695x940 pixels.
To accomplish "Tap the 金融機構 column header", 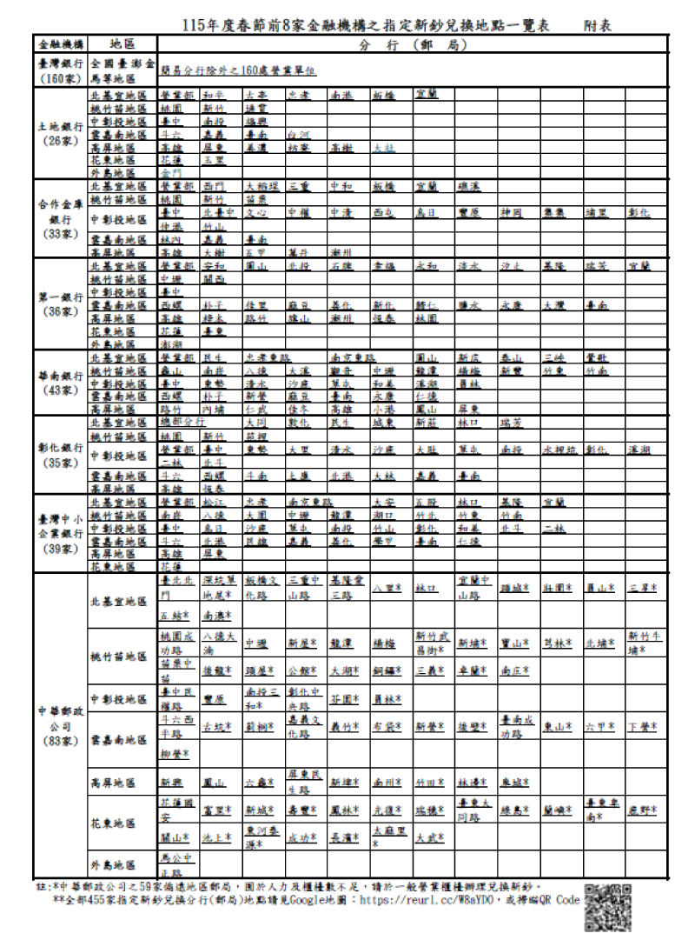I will click(x=61, y=43).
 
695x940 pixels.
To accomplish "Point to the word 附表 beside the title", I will click(x=598, y=26).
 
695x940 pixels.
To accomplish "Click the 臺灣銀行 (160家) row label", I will click(x=61, y=71).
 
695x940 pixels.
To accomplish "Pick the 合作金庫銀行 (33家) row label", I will click(x=61, y=218).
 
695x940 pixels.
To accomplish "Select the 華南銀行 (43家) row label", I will click(x=61, y=383).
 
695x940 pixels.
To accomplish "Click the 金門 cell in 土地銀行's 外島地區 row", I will click(x=171, y=173).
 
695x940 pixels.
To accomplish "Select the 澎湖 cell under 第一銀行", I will click(x=171, y=344).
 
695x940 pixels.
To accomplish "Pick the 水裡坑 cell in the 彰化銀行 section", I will click(x=559, y=450).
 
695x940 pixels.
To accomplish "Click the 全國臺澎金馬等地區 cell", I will click(x=122, y=71).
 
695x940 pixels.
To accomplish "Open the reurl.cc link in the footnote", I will click(x=447, y=900).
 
